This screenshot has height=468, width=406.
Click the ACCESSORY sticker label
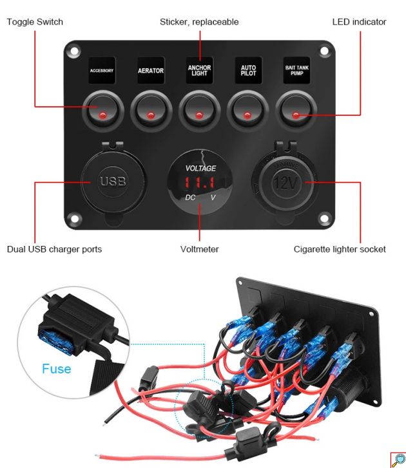[102, 70]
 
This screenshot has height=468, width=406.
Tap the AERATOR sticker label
[151, 70]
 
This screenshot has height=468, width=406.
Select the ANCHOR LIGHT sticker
[199, 70]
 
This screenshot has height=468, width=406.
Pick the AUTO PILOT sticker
[248, 70]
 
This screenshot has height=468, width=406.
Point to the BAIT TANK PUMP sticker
[296, 70]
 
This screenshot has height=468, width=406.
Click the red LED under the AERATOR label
[151, 115]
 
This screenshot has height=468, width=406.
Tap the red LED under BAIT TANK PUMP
[296, 115]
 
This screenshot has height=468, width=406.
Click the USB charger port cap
[113, 182]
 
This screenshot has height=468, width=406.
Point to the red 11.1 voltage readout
[199, 183]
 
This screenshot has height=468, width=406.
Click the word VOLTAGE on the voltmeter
[200, 168]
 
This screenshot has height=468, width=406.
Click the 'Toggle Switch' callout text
[35, 22]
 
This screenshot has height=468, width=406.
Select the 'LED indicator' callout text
[359, 22]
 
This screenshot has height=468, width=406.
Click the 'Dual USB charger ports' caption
[54, 249]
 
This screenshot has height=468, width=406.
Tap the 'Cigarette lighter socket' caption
[340, 249]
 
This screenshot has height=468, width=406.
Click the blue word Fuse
[57, 369]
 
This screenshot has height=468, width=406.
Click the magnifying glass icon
[398, 460]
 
